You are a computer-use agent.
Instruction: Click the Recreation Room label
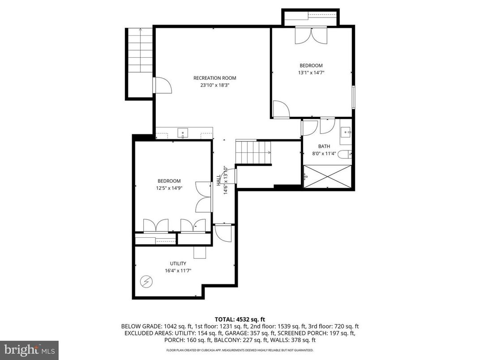click(214, 78)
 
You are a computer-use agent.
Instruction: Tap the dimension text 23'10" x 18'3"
click(214, 85)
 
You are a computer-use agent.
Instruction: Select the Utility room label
click(178, 263)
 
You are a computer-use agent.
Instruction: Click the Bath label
click(324, 146)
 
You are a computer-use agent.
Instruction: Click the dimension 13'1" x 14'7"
click(311, 73)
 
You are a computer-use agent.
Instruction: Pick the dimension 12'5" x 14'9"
click(169, 188)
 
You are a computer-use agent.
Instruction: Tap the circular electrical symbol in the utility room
click(146, 282)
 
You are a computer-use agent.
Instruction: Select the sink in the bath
click(346, 133)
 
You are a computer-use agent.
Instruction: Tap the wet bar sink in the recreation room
click(184, 133)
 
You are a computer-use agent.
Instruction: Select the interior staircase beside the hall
click(253, 152)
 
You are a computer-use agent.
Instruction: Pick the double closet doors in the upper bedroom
click(312, 36)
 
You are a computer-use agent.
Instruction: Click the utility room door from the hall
click(223, 233)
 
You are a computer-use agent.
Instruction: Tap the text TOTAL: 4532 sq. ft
click(240, 319)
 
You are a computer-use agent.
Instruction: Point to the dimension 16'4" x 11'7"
click(178, 270)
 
